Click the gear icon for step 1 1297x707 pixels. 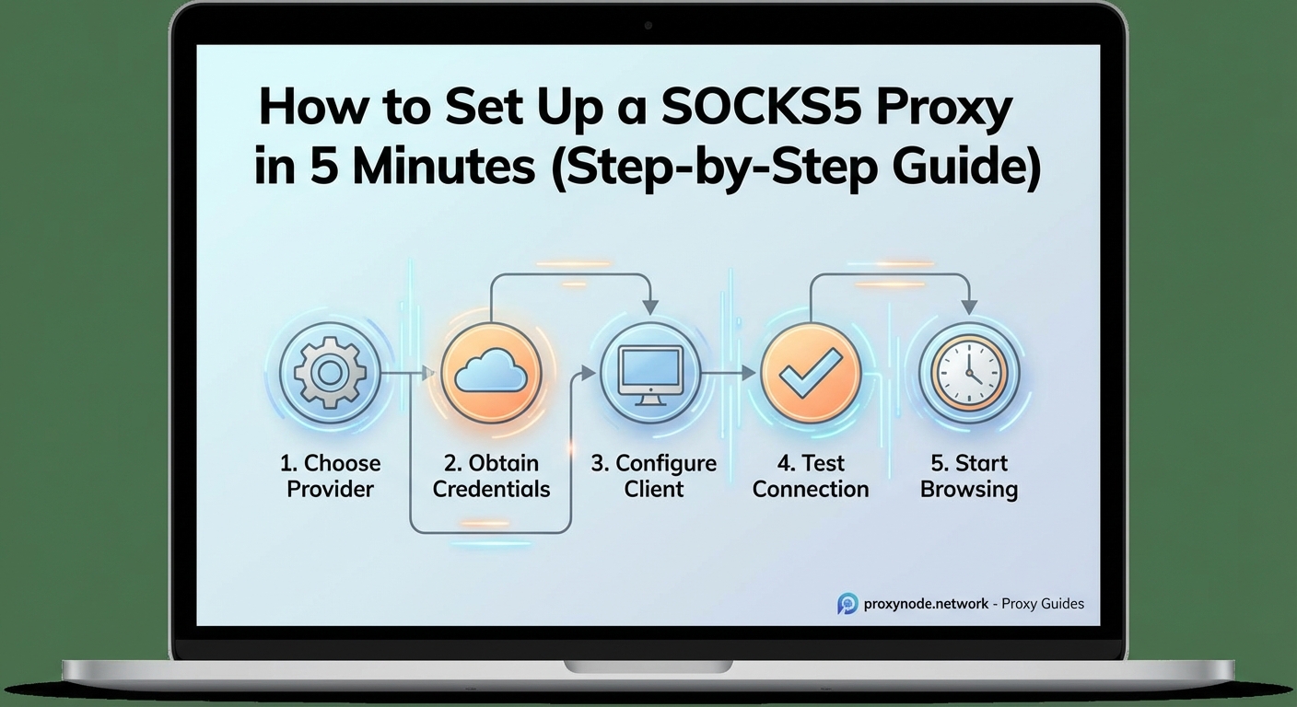point(328,374)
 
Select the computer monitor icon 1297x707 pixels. point(651,374)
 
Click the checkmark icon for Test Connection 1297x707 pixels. point(810,374)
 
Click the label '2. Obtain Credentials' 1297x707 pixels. point(491,476)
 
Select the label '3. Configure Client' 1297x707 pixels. point(653,476)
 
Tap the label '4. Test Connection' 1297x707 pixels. point(811,476)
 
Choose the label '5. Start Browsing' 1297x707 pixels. point(969,476)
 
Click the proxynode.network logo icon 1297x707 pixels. point(847,604)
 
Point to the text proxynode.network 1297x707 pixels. point(926,604)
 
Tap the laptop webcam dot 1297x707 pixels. point(648,25)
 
